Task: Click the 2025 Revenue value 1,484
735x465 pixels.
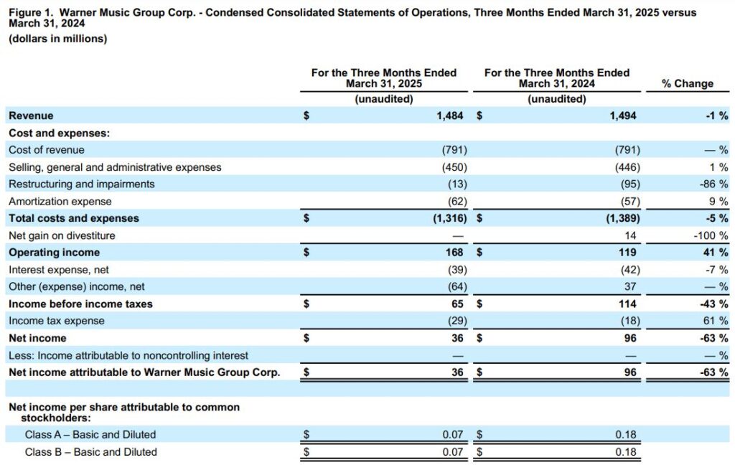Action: click(450, 116)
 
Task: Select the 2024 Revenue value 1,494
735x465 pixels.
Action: click(623, 116)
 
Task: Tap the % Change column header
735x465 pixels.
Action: click(687, 83)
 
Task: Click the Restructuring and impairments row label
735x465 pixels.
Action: click(82, 184)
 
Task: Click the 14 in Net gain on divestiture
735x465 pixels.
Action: click(630, 235)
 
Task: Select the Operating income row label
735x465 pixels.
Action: click(55, 253)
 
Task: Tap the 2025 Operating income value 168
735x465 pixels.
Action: click(454, 253)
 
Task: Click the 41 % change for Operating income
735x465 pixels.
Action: click(716, 253)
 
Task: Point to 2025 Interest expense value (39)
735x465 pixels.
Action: click(457, 270)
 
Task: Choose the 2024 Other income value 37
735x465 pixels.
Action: click(630, 286)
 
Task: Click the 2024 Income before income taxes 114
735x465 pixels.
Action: click(627, 304)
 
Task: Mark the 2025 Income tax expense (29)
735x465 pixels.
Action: click(457, 321)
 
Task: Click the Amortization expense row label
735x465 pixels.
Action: click(60, 202)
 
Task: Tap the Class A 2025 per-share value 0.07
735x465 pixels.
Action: click(453, 435)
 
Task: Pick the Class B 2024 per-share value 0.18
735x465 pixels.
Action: click(626, 452)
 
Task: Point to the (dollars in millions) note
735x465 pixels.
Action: click(57, 39)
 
